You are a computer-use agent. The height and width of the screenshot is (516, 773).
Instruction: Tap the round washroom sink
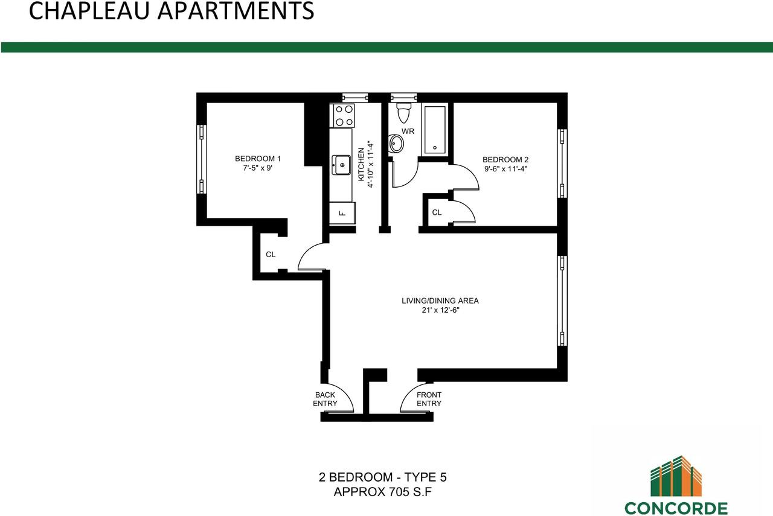click(x=397, y=144)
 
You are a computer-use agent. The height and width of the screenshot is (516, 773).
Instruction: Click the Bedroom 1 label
click(x=258, y=159)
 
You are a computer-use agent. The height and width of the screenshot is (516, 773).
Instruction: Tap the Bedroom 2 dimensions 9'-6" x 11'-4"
click(x=505, y=169)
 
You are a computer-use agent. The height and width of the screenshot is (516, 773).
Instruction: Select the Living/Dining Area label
click(x=440, y=301)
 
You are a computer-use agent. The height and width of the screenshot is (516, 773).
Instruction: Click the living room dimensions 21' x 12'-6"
click(x=440, y=310)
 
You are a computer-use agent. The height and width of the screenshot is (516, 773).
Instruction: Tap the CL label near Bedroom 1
click(x=271, y=255)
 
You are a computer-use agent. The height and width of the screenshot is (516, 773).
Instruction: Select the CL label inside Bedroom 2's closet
click(x=437, y=212)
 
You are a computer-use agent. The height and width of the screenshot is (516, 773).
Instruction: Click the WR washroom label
click(x=408, y=131)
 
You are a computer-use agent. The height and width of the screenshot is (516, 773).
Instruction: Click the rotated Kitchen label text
click(x=362, y=164)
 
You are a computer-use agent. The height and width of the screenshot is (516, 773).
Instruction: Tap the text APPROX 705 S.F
click(x=383, y=492)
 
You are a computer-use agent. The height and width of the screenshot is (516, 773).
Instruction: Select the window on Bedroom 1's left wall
click(x=202, y=159)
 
